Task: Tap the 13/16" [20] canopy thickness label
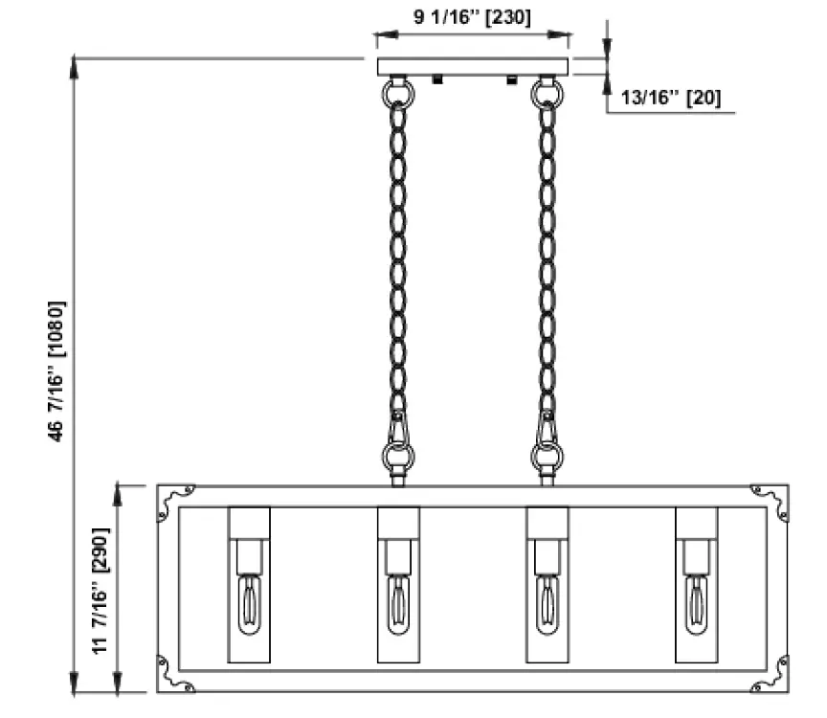tap(671, 98)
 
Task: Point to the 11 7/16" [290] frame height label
tap(100, 590)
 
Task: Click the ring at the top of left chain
tap(398, 93)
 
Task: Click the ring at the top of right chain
tap(548, 93)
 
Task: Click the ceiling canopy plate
tap(473, 66)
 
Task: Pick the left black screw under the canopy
tap(436, 80)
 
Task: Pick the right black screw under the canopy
tap(511, 80)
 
